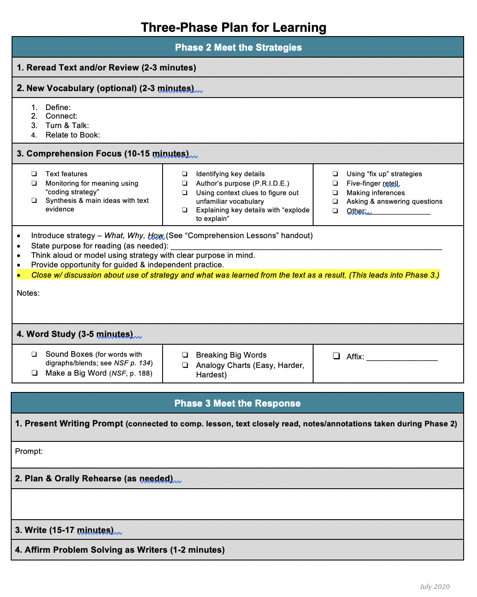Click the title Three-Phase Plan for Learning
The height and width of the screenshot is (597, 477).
click(234, 28)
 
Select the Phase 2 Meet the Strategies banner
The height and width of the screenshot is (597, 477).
click(238, 47)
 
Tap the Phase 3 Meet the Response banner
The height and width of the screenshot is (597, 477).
click(237, 403)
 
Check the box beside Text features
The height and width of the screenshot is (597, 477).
click(34, 174)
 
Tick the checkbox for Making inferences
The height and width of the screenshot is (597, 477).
click(335, 193)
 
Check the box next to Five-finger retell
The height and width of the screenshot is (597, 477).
click(335, 183)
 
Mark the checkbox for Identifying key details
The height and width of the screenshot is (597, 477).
click(185, 174)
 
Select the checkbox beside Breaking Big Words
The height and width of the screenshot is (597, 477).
click(185, 355)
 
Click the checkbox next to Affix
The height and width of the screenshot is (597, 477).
click(336, 356)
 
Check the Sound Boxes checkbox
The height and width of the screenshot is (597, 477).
click(34, 354)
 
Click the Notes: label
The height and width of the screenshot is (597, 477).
click(28, 293)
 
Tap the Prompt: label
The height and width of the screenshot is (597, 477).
click(29, 451)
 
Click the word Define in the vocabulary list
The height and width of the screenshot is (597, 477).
click(58, 107)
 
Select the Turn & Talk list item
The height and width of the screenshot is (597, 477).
click(67, 126)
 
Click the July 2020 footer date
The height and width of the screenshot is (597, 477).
click(435, 587)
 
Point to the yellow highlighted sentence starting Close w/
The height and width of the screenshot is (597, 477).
click(235, 275)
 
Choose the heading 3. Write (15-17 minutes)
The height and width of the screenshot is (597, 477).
click(65, 530)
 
